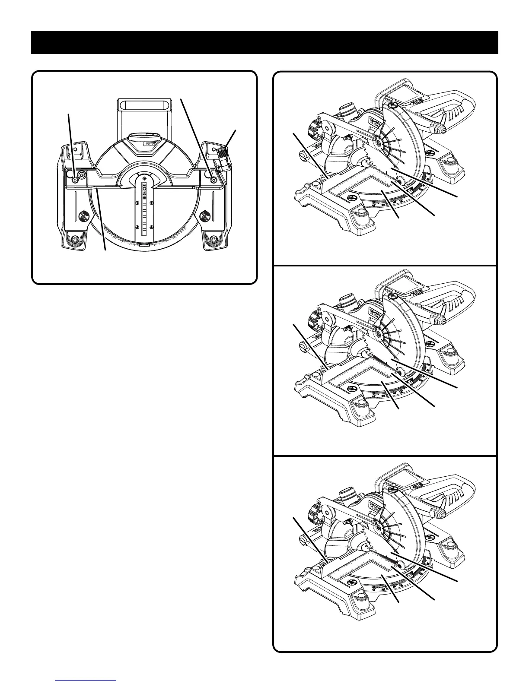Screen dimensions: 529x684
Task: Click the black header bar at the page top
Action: coord(264,42)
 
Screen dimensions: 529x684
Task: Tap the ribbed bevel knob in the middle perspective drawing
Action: coord(312,322)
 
